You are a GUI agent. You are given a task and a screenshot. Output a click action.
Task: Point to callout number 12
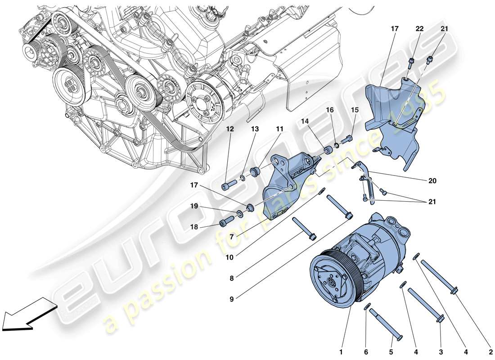coord(230,129)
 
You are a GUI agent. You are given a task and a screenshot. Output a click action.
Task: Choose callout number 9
coord(231,297)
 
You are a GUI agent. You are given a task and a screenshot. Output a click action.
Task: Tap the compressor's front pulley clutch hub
coord(331,282)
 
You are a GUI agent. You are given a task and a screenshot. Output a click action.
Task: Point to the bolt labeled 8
coord(304,228)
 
